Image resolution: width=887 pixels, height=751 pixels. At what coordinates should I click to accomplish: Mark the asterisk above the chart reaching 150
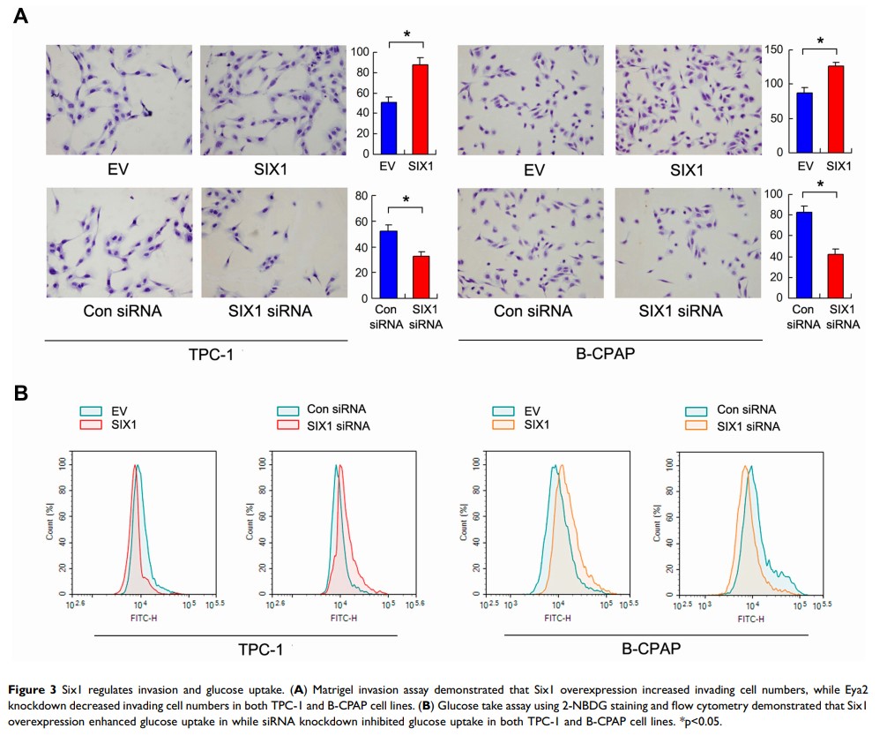tap(819, 41)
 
